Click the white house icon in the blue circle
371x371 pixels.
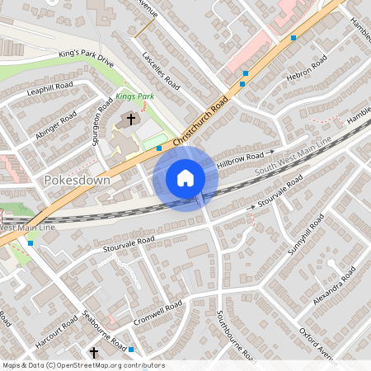point(185,178)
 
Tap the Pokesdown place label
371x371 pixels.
point(73,179)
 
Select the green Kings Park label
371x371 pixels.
point(135,96)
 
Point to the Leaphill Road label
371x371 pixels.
point(49,90)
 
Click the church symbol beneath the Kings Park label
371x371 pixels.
point(129,120)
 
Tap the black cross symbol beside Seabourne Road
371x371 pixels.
point(93,353)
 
